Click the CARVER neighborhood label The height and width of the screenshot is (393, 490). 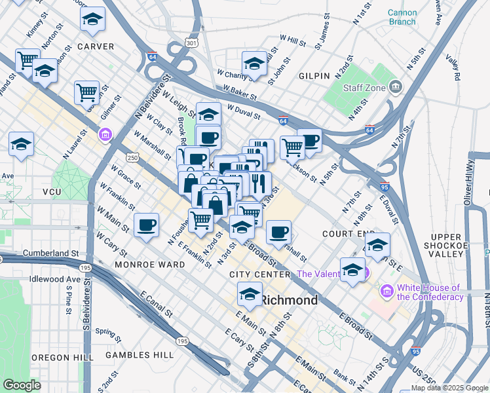(x=96, y=47)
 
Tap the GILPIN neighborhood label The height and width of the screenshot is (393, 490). (x=314, y=76)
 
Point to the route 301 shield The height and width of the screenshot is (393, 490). (x=191, y=43)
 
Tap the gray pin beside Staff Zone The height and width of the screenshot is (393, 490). (x=395, y=86)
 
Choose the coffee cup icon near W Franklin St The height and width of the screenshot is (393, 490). (x=146, y=225)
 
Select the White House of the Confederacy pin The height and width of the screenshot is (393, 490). (x=386, y=290)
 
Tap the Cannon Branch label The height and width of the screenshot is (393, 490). (x=401, y=17)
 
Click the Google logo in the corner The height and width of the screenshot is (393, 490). (x=22, y=384)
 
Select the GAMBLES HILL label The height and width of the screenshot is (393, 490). (x=141, y=355)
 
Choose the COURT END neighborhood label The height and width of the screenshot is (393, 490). (x=348, y=234)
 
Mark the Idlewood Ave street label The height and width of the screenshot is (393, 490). (x=55, y=279)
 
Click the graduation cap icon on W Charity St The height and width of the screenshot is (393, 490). (x=254, y=64)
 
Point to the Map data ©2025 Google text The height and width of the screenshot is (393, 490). (x=450, y=388)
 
